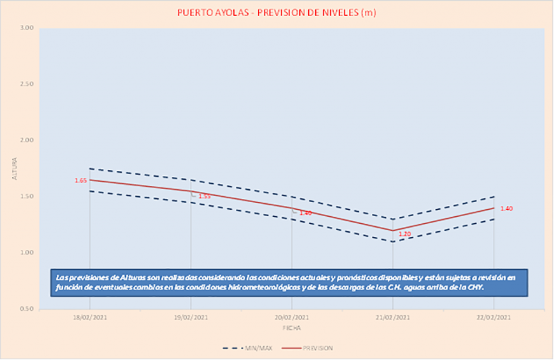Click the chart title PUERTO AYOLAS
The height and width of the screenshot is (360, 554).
point(276,13)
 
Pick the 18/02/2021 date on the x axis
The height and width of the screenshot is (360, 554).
point(90,317)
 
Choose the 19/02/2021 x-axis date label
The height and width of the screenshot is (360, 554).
point(190,317)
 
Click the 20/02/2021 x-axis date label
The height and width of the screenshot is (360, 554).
point(292,317)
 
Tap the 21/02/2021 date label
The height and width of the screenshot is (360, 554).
point(393,317)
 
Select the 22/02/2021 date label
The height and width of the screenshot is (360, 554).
point(493,317)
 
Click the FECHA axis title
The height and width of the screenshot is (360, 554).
point(292,328)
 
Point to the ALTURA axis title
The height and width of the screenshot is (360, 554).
point(15,169)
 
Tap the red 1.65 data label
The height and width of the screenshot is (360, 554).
point(81,181)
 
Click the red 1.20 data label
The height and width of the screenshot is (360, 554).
point(405,234)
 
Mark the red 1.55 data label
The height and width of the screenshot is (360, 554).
point(205,196)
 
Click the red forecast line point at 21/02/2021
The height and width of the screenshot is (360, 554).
point(393,230)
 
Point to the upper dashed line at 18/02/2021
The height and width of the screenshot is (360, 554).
point(90,169)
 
